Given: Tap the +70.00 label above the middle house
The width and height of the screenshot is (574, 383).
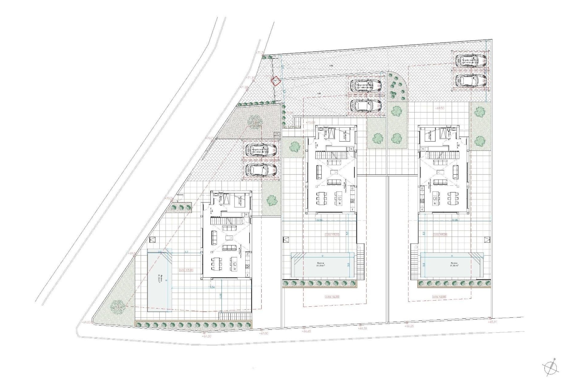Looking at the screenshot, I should pyautogui.click(x=310, y=122).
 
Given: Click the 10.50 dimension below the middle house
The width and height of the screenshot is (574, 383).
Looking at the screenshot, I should pyautogui.click(x=319, y=220).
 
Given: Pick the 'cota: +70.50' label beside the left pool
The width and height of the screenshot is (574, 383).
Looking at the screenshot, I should pyautogui.click(x=187, y=270).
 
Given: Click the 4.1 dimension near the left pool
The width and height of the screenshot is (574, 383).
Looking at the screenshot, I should pyautogui.click(x=187, y=252).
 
